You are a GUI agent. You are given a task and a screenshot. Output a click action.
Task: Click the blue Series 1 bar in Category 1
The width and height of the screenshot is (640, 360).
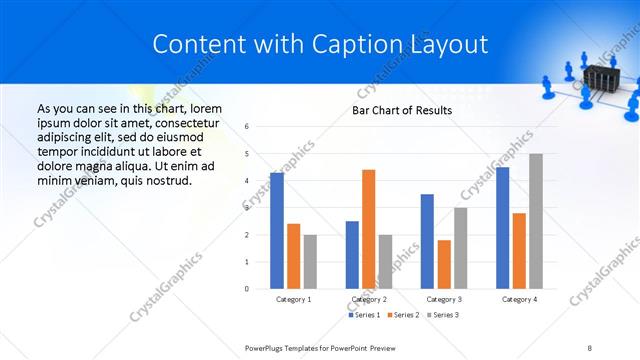pos(277,231)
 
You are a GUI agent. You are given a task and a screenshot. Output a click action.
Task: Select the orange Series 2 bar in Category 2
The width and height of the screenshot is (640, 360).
pos(368,229)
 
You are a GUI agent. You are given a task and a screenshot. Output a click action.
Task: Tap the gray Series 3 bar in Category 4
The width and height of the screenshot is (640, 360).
pos(536,221)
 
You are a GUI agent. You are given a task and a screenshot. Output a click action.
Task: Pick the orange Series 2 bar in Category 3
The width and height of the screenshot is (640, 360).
pos(444,264)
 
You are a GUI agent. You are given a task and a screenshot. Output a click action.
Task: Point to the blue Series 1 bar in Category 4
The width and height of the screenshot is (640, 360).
pos(502,228)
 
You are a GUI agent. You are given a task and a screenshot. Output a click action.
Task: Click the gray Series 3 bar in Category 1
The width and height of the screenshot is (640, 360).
pos(310,262)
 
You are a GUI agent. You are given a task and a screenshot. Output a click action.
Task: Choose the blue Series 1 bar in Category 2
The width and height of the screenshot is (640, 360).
pos(352,255)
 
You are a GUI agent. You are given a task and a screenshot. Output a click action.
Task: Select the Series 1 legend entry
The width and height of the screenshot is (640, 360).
pos(365,315)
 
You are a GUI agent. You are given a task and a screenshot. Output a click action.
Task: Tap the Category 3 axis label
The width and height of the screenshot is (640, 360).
pos(443,299)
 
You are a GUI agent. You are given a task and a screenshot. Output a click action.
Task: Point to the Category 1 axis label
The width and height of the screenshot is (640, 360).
pos(293,299)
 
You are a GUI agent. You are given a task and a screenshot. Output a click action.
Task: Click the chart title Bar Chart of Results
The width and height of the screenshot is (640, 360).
pos(402,110)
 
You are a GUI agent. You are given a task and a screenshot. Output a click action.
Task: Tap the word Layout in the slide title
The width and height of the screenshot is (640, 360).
pos(450,44)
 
